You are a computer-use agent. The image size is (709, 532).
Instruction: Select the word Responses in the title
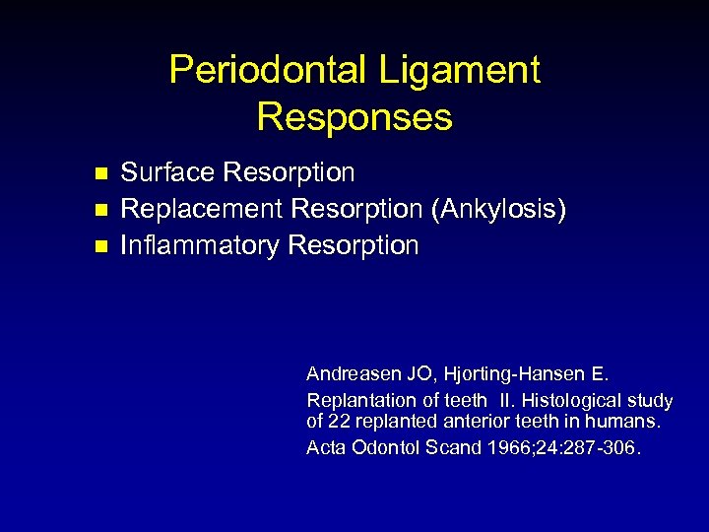(354, 117)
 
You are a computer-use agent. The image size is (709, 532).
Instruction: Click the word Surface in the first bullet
(167, 173)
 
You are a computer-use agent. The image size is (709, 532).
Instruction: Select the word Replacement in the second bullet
(202, 210)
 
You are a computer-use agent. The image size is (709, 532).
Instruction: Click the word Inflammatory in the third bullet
(200, 245)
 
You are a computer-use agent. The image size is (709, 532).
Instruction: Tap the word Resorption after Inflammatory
(354, 245)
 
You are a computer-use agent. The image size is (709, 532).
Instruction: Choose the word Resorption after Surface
(289, 173)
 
